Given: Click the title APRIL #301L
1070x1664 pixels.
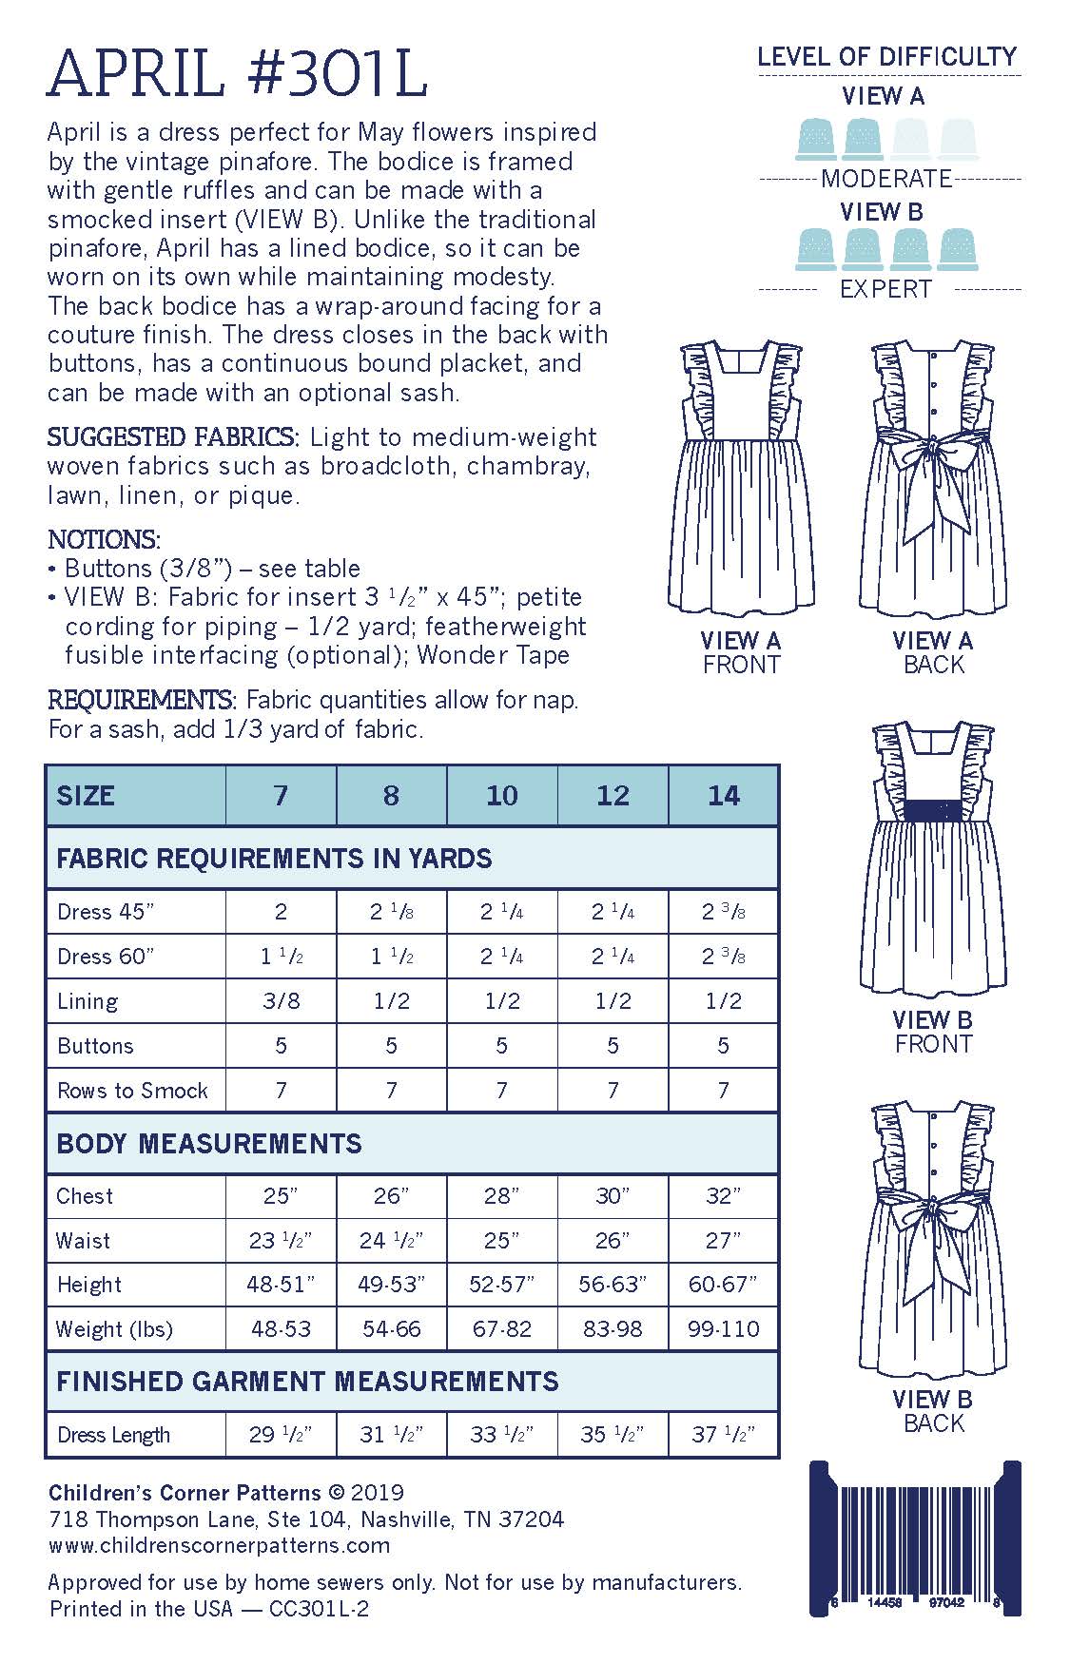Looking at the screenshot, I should [x=238, y=74].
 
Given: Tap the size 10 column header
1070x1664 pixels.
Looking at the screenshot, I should [x=502, y=795].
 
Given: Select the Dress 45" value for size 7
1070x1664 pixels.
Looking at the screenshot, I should [x=281, y=912].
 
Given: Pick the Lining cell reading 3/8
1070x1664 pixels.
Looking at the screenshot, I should [x=281, y=1000].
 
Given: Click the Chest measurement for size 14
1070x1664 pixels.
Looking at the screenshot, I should [x=723, y=1195].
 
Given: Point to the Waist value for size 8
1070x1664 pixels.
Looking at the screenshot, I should [x=391, y=1240].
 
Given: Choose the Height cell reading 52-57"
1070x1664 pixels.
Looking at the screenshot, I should [x=502, y=1285].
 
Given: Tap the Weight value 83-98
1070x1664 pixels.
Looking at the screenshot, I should [x=613, y=1328].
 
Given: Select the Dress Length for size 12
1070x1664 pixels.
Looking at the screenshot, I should [x=613, y=1434].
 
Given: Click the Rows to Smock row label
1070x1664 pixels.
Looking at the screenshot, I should [x=133, y=1090].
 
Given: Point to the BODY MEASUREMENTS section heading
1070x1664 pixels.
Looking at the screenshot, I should [x=209, y=1143].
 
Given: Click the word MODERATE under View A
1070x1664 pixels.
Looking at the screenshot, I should [x=886, y=178].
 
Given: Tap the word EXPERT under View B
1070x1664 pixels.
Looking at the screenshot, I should [x=886, y=289].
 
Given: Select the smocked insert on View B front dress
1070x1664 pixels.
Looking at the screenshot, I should [x=933, y=809].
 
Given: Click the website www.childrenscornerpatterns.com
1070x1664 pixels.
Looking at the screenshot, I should [x=219, y=1545].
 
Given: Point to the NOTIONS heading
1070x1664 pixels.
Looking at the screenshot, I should [x=104, y=539].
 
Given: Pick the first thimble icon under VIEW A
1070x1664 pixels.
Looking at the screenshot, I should [x=817, y=139].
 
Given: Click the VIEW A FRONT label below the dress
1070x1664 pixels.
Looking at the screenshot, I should [x=741, y=652].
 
